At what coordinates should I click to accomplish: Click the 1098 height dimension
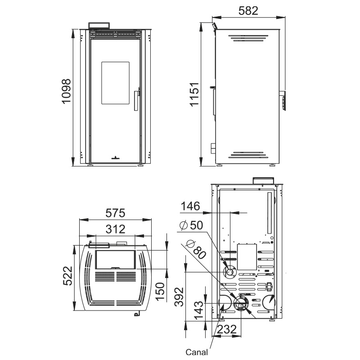[x=67, y=91]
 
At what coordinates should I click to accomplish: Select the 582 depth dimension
[x=248, y=10]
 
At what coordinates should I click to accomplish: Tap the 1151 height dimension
[x=194, y=94]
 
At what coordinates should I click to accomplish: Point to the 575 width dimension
[x=115, y=213]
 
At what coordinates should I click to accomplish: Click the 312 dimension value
[x=115, y=229]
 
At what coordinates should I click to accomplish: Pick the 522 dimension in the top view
[x=68, y=276]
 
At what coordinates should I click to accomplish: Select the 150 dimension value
[x=160, y=291]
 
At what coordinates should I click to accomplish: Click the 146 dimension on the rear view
[x=190, y=206]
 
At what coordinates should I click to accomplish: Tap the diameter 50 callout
[x=191, y=225]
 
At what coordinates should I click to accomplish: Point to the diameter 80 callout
[x=196, y=249]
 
